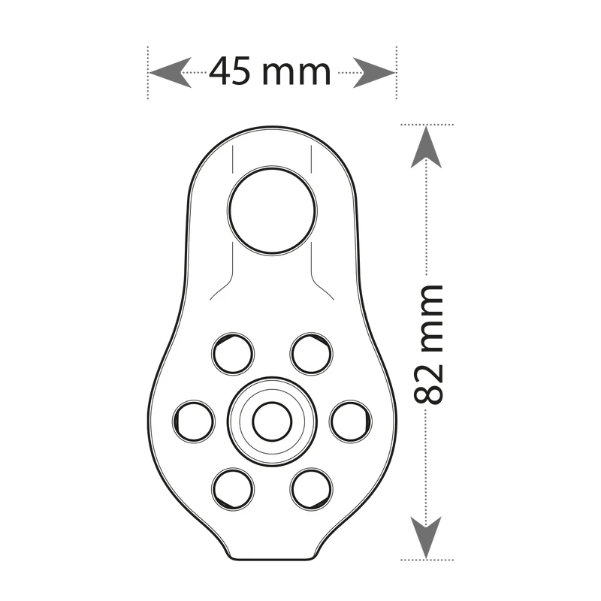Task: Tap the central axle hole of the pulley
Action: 268,421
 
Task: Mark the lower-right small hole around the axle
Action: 310,488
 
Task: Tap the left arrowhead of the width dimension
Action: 162,73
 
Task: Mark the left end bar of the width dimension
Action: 147,73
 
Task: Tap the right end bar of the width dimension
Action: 392,73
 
